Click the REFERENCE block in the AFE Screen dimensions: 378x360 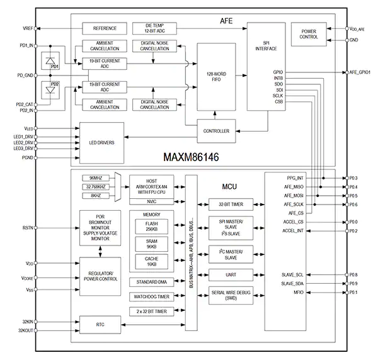[x=105, y=28]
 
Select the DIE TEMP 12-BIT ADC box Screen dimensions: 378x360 [x=154, y=28]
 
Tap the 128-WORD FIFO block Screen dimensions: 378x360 [x=216, y=77]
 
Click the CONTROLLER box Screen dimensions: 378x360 [x=216, y=131]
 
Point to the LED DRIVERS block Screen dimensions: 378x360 [x=101, y=143]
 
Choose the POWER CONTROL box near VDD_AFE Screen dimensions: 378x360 [x=309, y=34]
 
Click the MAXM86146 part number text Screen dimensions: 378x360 [x=191, y=157]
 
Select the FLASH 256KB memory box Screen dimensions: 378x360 [x=152, y=227]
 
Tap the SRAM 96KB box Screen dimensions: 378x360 [x=152, y=244]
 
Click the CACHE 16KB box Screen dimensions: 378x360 [x=152, y=262]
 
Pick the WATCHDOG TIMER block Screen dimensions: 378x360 [x=152, y=296]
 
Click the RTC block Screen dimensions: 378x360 [x=100, y=325]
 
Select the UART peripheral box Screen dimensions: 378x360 [x=231, y=275]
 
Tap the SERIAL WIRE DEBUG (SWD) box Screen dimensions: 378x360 [x=231, y=295]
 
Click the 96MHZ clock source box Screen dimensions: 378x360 [x=96, y=178]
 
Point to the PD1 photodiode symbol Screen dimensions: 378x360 [x=50, y=61]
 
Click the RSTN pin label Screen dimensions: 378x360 [x=28, y=228]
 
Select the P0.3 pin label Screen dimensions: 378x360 [x=353, y=178]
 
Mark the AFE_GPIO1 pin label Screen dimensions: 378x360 [x=360, y=72]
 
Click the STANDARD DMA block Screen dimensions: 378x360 [x=152, y=282]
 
